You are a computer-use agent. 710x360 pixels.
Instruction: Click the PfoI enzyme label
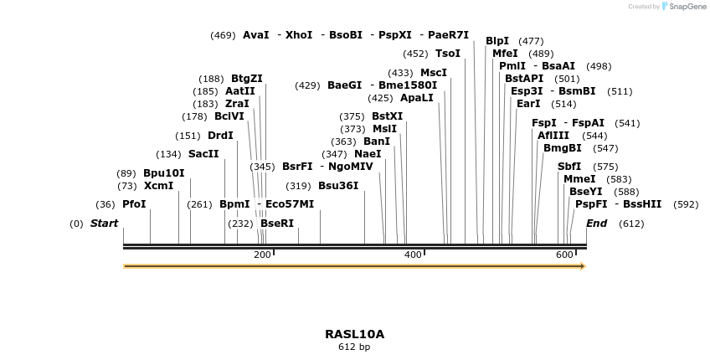point(134,204)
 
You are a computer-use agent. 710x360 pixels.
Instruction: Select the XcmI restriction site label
point(158,186)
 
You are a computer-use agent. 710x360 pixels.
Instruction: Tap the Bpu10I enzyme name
point(163,173)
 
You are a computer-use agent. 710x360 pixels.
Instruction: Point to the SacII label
point(203,154)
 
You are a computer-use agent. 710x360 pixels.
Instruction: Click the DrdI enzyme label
point(220,136)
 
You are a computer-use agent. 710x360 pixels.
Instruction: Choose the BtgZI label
point(247,79)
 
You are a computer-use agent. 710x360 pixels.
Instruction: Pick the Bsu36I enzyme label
point(338,186)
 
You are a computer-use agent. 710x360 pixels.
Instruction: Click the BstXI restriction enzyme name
point(387,116)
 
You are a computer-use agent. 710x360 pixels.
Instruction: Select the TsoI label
point(448,54)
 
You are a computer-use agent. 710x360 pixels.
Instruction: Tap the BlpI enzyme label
point(497,41)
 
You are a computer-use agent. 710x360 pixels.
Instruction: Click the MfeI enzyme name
point(505,54)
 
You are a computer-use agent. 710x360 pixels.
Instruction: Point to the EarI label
point(528,104)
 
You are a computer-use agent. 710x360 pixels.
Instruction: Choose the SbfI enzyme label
point(569,167)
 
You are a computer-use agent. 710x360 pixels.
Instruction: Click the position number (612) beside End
point(631,224)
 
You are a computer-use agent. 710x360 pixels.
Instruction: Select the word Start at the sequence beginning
point(105,224)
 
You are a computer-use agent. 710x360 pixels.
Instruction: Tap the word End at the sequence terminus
point(596,224)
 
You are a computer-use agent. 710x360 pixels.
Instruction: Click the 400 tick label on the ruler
point(413,255)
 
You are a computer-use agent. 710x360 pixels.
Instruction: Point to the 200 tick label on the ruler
point(262,255)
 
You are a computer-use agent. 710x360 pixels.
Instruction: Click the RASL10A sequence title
point(354,334)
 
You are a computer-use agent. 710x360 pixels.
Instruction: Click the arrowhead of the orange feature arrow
point(582,266)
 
